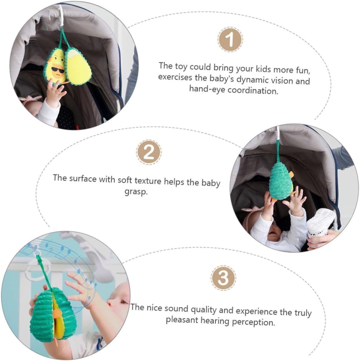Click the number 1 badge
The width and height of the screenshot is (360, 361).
coord(230,40)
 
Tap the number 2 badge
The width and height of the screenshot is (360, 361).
coord(149,152)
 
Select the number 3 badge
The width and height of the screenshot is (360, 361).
coord(223,278)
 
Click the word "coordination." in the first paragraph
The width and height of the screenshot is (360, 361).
coord(253,91)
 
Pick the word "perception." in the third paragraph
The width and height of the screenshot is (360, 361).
coord(253,322)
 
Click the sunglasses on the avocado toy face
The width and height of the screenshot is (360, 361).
coord(58,70)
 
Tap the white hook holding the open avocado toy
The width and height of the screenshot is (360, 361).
coord(61,16)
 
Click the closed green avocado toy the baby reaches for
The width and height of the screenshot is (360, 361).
coord(281,181)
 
